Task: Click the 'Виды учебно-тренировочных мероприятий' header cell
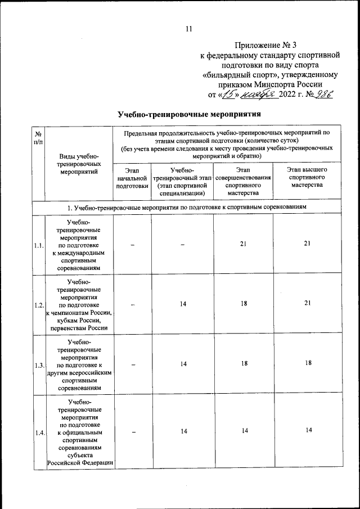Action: click(79, 164)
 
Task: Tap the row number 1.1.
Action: click(38, 245)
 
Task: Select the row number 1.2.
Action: click(38, 305)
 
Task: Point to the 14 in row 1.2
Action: click(183, 304)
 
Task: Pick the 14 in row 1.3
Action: click(183, 364)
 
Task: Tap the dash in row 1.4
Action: click(132, 431)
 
